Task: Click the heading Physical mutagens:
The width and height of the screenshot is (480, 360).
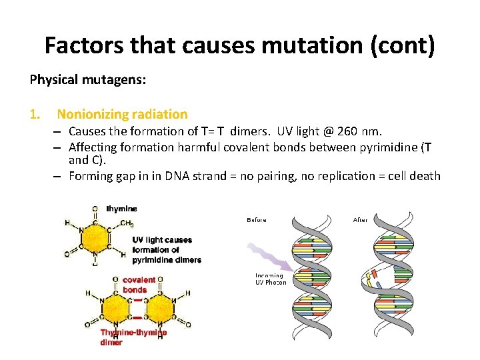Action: (x=88, y=81)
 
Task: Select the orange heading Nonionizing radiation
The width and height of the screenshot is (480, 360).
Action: (x=122, y=115)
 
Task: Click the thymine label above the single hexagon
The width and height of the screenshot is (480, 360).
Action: (x=121, y=209)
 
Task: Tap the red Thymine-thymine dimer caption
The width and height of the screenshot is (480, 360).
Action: (x=134, y=337)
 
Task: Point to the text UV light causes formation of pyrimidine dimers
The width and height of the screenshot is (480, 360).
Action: (x=166, y=249)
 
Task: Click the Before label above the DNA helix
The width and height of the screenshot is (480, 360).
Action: (x=257, y=220)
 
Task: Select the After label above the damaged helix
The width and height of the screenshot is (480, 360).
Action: (x=360, y=220)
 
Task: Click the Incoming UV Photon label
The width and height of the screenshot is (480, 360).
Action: (x=271, y=279)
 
